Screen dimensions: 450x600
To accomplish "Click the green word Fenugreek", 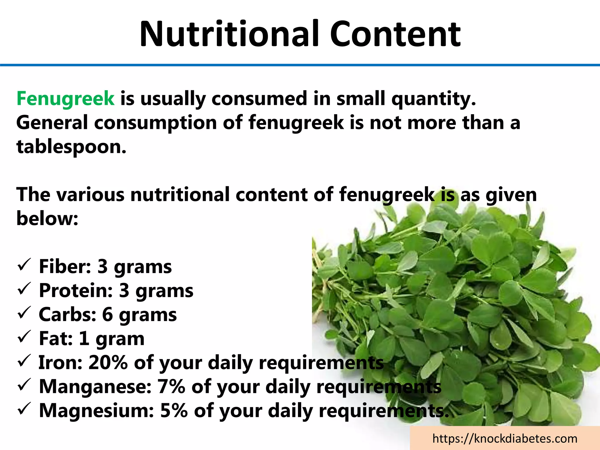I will pos(65,98).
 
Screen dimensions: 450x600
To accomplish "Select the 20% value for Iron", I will pos(108,362).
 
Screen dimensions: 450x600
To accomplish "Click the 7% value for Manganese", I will pos(171,386).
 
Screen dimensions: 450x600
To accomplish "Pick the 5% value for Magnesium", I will pos(174,410).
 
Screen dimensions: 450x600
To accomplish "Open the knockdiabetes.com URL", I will pos(505,439).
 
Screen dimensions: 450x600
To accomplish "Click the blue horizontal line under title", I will pos(300,65).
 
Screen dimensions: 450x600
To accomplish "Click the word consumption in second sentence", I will pos(155,123).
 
